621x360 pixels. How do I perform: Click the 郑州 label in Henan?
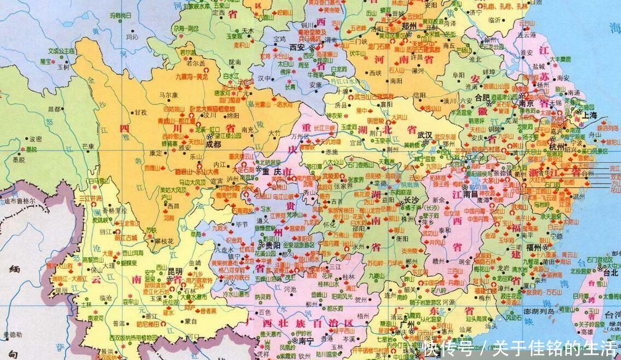(x=409, y=26)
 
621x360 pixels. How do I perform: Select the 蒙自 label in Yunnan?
(x=190, y=321)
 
